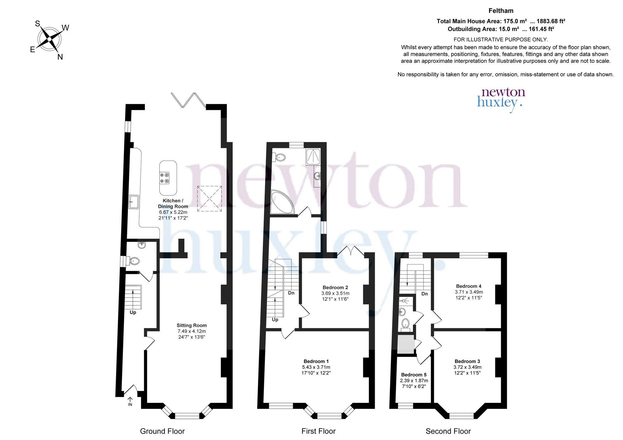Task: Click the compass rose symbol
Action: pyautogui.click(x=49, y=40)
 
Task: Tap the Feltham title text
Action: pyautogui.click(x=501, y=11)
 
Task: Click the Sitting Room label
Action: pyautogui.click(x=192, y=325)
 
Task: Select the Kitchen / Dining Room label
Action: pyautogui.click(x=173, y=204)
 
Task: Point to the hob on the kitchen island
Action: pyautogui.click(x=165, y=178)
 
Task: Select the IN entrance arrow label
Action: pyautogui.click(x=130, y=401)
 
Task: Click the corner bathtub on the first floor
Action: pyautogui.click(x=281, y=203)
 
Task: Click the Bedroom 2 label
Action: pyautogui.click(x=335, y=288)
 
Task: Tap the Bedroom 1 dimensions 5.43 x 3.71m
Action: pyautogui.click(x=316, y=367)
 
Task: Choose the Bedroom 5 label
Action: pyautogui.click(x=414, y=375)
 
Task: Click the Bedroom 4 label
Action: pyautogui.click(x=469, y=286)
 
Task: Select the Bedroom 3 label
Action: pyautogui.click(x=467, y=361)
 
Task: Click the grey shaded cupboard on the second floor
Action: pyautogui.click(x=406, y=344)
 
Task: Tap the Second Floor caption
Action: pyautogui.click(x=448, y=431)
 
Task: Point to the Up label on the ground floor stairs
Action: pyautogui.click(x=133, y=312)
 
